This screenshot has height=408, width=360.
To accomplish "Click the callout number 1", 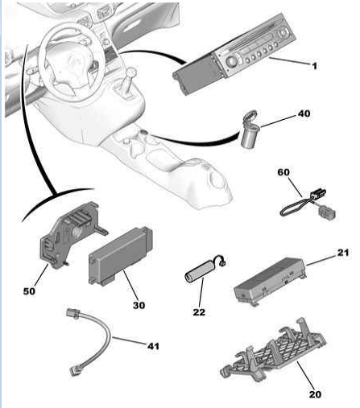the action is point(314,66).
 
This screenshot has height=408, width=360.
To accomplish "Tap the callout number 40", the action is point(304,113).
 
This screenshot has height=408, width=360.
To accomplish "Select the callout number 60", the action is point(283,172).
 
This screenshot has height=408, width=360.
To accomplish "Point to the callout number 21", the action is point(343,253).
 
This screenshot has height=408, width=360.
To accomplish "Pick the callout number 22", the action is point(199,312).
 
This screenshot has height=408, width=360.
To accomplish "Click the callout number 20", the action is point(315,394).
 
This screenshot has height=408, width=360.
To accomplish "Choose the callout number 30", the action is point(139,305).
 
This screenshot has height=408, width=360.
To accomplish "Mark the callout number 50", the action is point(29,291).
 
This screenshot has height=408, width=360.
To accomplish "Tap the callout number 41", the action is point(153,346).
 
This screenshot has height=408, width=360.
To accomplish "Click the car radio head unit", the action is point(234,54).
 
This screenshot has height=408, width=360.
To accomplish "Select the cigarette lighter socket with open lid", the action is point(250,129).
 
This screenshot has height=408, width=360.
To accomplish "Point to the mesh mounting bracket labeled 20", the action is point(273,348).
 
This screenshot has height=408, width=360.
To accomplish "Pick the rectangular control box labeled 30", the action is point(121,256).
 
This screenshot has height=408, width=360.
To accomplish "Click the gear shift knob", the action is point(131,72).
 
